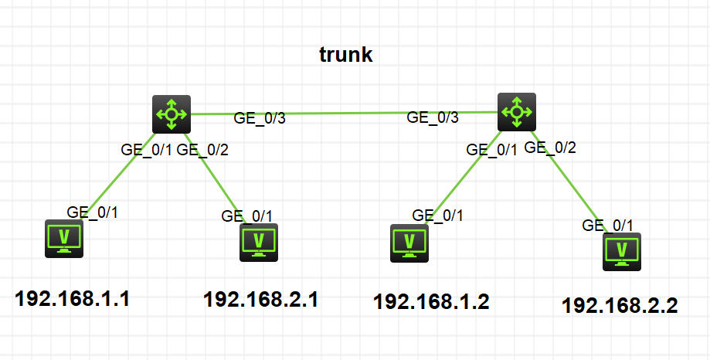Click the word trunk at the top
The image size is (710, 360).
[346, 55]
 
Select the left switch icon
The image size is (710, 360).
[171, 114]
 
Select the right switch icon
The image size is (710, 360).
[516, 112]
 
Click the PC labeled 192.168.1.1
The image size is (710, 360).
[64, 238]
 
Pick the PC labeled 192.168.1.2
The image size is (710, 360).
[409, 243]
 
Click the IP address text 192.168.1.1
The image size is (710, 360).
[73, 298]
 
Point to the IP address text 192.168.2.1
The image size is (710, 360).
[260, 299]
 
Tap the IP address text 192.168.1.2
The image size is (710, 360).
[431, 301]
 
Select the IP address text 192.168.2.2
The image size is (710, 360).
[620, 305]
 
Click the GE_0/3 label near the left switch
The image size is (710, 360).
[260, 118]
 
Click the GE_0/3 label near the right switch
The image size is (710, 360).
[433, 117]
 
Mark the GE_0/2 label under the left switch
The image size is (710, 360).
[202, 150]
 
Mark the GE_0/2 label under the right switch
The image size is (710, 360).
[551, 147]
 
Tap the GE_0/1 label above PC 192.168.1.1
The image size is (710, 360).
[93, 211]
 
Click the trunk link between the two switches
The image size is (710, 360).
[344, 113]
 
